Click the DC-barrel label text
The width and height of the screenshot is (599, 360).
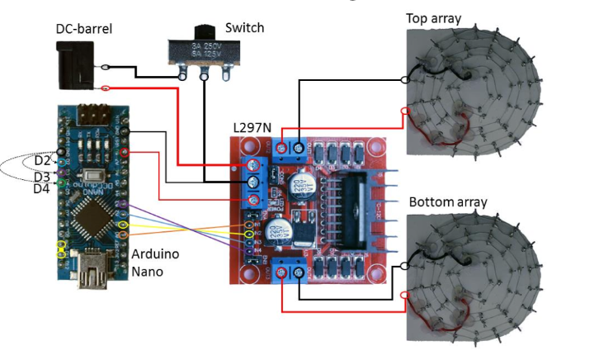(83, 29)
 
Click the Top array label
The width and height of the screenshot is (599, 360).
(433, 18)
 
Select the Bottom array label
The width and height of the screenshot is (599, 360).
(448, 202)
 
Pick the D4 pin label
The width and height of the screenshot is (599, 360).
(41, 189)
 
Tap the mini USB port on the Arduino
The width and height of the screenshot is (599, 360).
(92, 272)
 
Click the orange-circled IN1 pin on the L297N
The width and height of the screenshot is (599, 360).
(247, 225)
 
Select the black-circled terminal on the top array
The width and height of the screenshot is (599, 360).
(404, 80)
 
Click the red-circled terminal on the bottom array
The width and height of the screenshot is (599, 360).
(403, 295)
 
